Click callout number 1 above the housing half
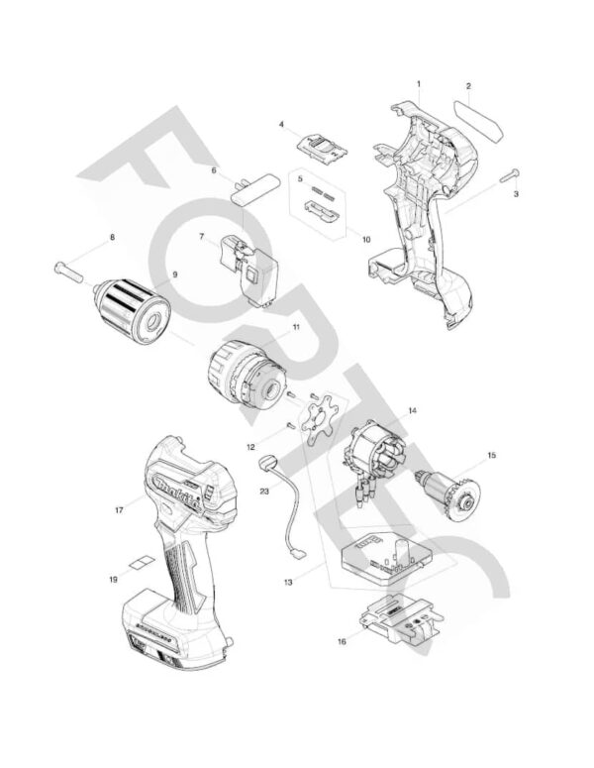point(419,84)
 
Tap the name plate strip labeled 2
point(479,122)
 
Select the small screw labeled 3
point(509,174)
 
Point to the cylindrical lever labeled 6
point(255,188)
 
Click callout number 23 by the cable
point(264,491)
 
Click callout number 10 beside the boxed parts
point(366,240)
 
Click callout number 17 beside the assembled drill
point(119,510)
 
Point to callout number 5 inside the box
point(300,178)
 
